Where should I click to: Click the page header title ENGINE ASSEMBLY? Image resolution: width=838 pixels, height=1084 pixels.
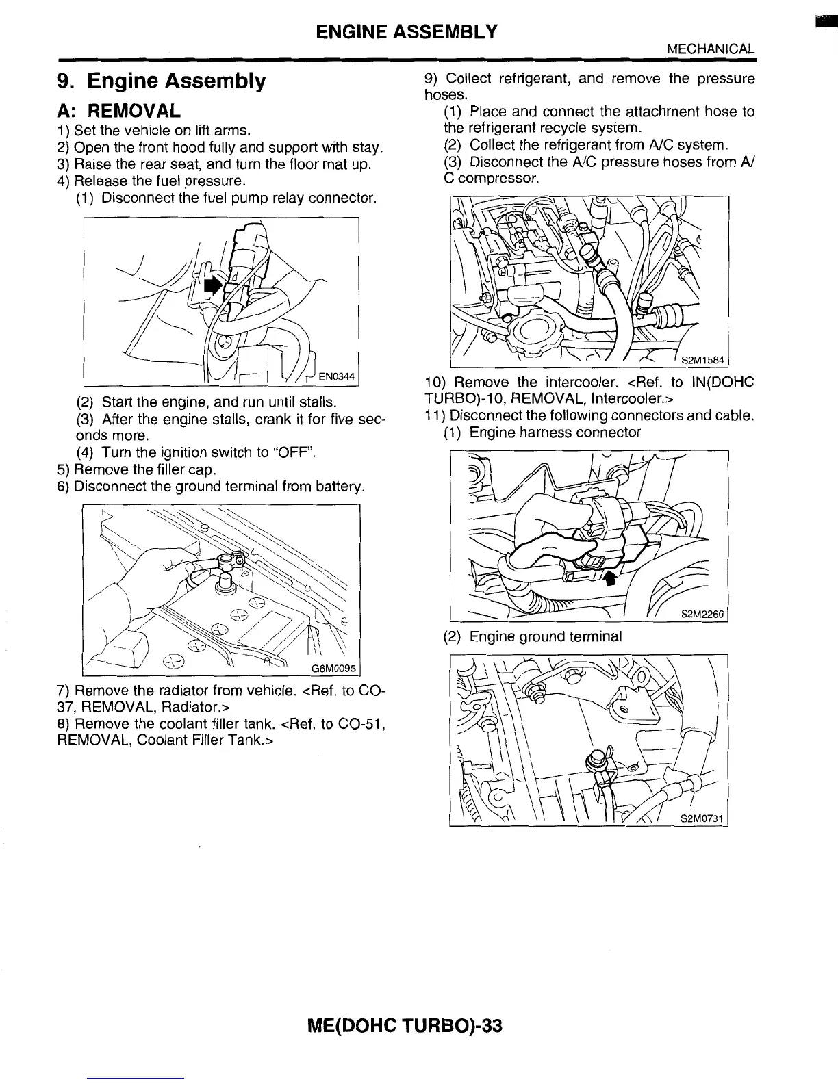[x=407, y=31]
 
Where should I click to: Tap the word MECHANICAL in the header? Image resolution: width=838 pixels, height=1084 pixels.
[x=711, y=49]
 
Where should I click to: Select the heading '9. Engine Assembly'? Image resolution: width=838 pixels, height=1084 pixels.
[x=161, y=81]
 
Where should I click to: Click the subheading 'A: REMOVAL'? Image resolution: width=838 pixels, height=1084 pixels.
[x=119, y=110]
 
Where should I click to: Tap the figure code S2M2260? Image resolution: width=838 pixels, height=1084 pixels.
[x=702, y=615]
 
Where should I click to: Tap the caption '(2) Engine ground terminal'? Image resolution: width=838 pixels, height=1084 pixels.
[x=533, y=636]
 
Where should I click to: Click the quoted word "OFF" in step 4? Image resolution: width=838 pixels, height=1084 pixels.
[x=294, y=452]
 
